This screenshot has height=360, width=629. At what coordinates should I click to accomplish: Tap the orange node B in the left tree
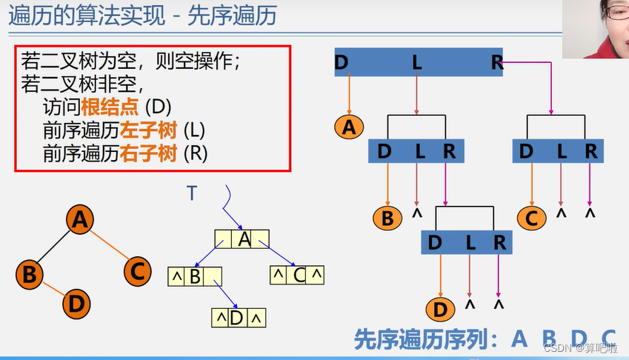[x=30, y=275]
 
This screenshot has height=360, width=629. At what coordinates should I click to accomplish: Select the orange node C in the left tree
[x=136, y=271]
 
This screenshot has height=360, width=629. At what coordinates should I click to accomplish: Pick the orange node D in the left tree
[x=77, y=304]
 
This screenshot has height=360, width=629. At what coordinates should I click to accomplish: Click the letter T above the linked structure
[x=192, y=193]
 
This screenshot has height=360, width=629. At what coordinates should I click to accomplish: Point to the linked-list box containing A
[x=242, y=239]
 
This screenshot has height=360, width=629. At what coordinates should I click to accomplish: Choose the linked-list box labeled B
[x=196, y=277]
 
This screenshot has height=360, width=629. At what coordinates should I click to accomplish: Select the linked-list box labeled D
[x=238, y=319]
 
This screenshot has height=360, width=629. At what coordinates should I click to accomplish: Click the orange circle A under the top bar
[x=349, y=127]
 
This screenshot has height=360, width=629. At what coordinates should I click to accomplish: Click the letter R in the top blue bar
[x=496, y=63]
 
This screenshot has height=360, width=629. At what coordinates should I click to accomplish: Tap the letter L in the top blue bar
[x=416, y=63]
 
